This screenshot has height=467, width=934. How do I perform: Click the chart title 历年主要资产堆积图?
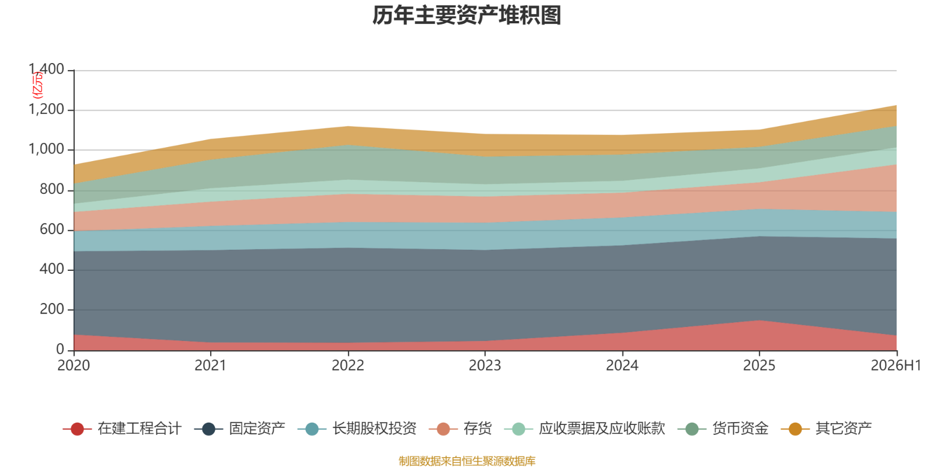click(466, 16)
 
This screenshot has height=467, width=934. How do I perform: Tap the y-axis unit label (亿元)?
click(37, 85)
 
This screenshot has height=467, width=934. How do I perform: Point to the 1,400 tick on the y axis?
click(46, 69)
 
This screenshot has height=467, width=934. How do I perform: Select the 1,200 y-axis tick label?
click(46, 109)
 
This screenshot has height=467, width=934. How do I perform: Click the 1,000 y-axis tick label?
click(46, 149)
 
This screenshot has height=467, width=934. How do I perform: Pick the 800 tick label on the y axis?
click(52, 189)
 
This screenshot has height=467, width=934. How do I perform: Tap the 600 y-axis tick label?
click(52, 229)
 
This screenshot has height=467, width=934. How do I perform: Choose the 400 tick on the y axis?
click(52, 269)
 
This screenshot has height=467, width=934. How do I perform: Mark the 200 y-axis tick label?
click(52, 309)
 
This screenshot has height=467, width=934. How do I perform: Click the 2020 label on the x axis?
click(74, 365)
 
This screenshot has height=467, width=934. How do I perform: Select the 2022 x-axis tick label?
click(348, 365)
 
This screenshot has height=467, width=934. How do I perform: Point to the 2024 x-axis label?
click(622, 365)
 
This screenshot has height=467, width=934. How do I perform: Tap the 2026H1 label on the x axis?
click(895, 365)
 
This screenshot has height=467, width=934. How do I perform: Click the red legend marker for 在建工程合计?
click(77, 428)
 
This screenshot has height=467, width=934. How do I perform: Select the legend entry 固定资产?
click(240, 428)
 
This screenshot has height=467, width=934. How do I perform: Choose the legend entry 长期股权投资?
click(357, 428)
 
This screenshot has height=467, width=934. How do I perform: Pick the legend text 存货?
click(478, 428)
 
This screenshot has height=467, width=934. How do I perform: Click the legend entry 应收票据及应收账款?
click(584, 428)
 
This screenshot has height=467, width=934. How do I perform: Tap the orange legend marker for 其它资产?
click(795, 428)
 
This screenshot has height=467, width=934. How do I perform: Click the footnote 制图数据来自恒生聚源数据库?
click(467, 461)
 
